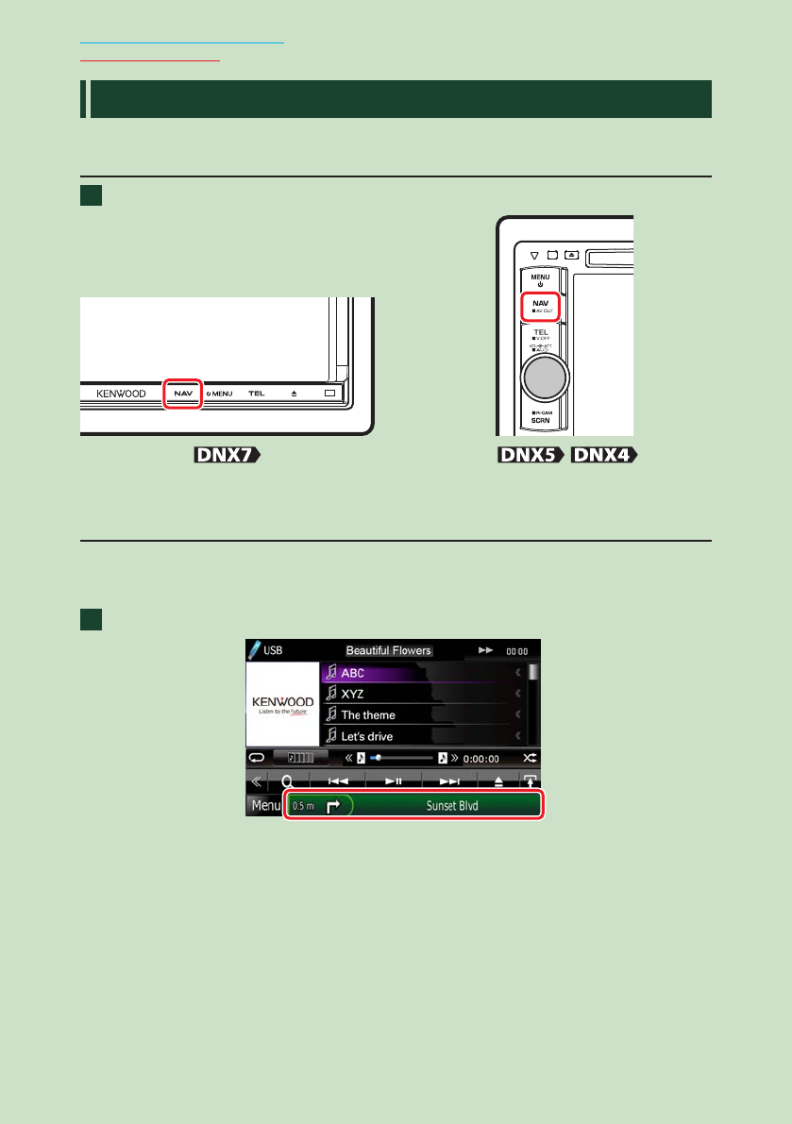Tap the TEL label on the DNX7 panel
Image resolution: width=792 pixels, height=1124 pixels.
256,393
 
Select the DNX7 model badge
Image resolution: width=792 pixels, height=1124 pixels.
227,456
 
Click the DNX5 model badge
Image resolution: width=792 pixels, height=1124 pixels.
531,456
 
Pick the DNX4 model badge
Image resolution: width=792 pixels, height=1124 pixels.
603,456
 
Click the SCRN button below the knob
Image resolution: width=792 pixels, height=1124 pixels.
541,421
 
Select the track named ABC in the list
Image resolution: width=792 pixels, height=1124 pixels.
353,673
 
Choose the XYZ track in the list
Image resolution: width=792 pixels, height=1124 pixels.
354,694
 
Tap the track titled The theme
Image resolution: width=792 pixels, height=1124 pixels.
368,714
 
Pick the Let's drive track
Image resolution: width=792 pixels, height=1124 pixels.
367,735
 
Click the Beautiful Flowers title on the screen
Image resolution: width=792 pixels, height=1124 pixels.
388,650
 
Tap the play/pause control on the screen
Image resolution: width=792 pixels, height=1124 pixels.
395,781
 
